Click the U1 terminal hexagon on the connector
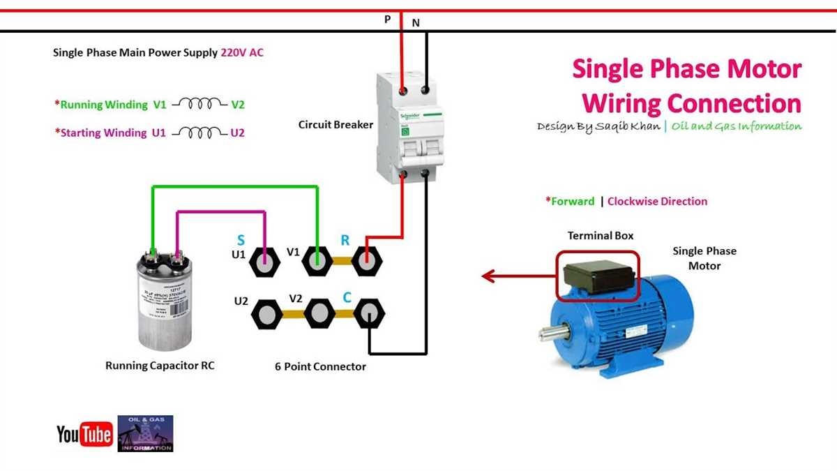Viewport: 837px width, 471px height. click(x=265, y=262)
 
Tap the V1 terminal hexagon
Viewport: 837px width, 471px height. click(x=318, y=262)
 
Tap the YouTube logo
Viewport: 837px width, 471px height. click(x=84, y=435)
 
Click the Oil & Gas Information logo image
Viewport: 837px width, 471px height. click(x=145, y=433)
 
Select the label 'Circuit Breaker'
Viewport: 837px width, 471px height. click(x=335, y=125)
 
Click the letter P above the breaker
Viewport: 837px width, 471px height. click(x=388, y=20)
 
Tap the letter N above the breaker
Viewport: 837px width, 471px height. click(x=416, y=22)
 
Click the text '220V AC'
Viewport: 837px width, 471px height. click(x=242, y=52)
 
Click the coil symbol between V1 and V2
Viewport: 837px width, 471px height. click(x=200, y=105)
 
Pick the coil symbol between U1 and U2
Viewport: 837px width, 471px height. click(x=199, y=133)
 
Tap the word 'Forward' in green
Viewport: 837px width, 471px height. click(x=573, y=201)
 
